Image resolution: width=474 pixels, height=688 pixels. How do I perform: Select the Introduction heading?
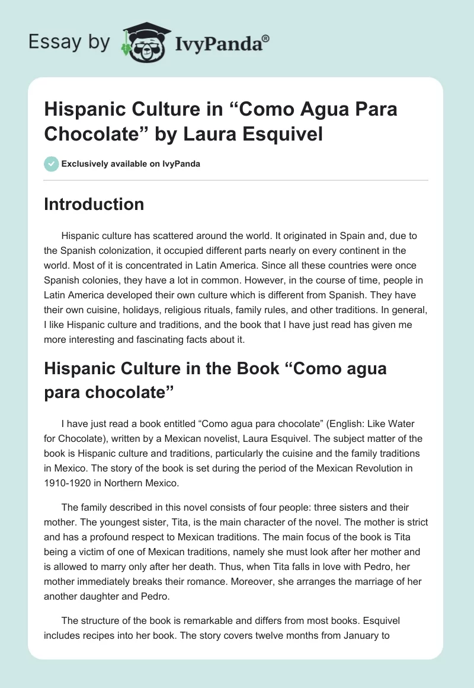pos(94,204)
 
